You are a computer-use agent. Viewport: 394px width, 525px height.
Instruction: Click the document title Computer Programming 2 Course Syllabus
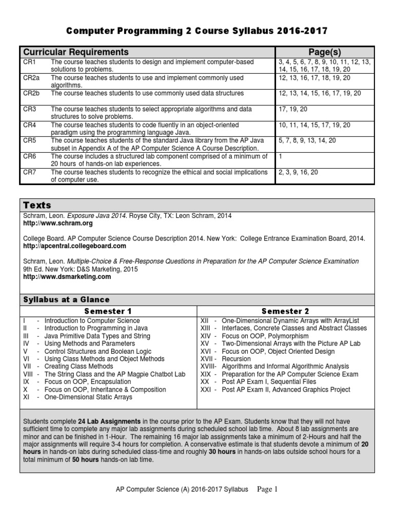click(197, 32)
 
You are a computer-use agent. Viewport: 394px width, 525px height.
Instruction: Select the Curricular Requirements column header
click(74, 52)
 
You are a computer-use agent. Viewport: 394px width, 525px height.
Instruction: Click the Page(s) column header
click(324, 52)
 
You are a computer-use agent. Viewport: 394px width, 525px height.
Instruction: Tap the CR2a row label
click(30, 78)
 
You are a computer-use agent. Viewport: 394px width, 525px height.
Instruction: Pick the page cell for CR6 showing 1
click(281, 156)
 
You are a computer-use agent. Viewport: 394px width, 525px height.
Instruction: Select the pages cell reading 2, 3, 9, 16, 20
click(298, 172)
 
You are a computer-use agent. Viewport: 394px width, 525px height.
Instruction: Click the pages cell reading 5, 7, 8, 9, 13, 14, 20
click(307, 140)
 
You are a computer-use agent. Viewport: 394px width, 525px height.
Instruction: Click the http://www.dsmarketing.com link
click(67, 277)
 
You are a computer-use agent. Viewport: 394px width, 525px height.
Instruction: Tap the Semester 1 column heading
click(108, 311)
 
